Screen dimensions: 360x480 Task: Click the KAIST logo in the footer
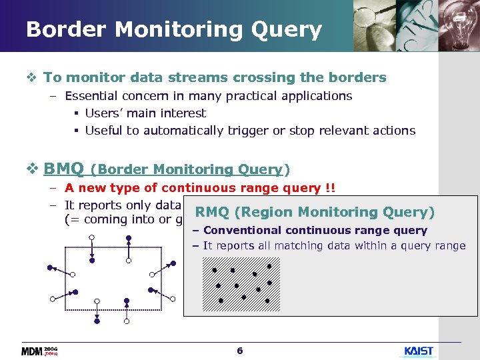(x=419, y=351)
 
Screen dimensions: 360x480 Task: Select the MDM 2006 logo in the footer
(x=40, y=351)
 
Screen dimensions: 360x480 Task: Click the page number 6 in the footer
(x=240, y=351)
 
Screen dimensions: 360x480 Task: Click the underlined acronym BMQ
(x=64, y=168)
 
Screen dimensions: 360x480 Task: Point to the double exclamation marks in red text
(x=330, y=188)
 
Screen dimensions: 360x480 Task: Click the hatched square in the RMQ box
(x=241, y=284)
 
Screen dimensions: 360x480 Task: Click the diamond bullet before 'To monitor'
(x=34, y=77)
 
